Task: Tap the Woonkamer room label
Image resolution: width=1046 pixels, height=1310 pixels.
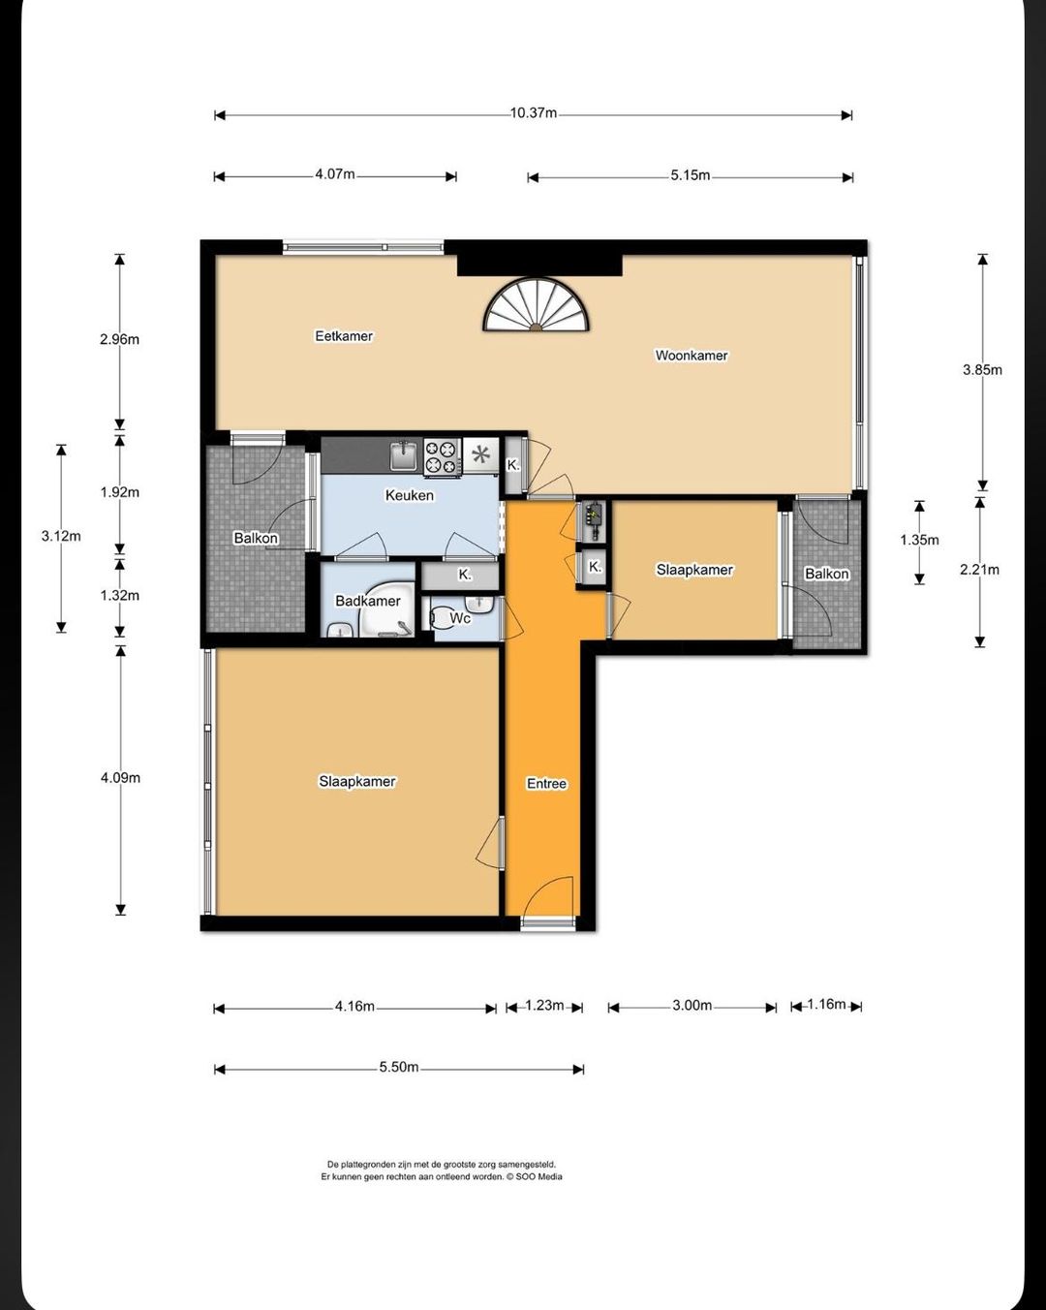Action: point(692,356)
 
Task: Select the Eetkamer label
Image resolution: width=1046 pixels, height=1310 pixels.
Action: point(344,336)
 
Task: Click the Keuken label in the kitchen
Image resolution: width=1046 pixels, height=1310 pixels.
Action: point(410,495)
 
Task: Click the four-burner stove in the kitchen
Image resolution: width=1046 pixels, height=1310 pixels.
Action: point(443,456)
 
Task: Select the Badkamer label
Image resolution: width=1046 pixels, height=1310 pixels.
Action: point(367,602)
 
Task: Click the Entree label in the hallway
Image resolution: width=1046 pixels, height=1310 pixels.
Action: point(546,784)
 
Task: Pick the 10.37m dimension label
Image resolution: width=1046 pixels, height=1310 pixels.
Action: point(534,113)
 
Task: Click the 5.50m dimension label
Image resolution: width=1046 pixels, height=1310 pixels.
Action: point(399,1067)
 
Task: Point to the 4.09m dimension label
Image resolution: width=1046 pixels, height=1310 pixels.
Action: point(120,778)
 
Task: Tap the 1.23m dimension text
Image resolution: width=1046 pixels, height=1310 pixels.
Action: point(544,1005)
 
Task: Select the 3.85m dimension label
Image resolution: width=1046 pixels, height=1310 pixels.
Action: point(982,370)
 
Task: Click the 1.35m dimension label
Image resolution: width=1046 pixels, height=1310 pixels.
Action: point(919,540)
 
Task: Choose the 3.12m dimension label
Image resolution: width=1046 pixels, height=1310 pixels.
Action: point(61,536)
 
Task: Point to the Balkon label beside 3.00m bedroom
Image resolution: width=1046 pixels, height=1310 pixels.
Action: point(826,574)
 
